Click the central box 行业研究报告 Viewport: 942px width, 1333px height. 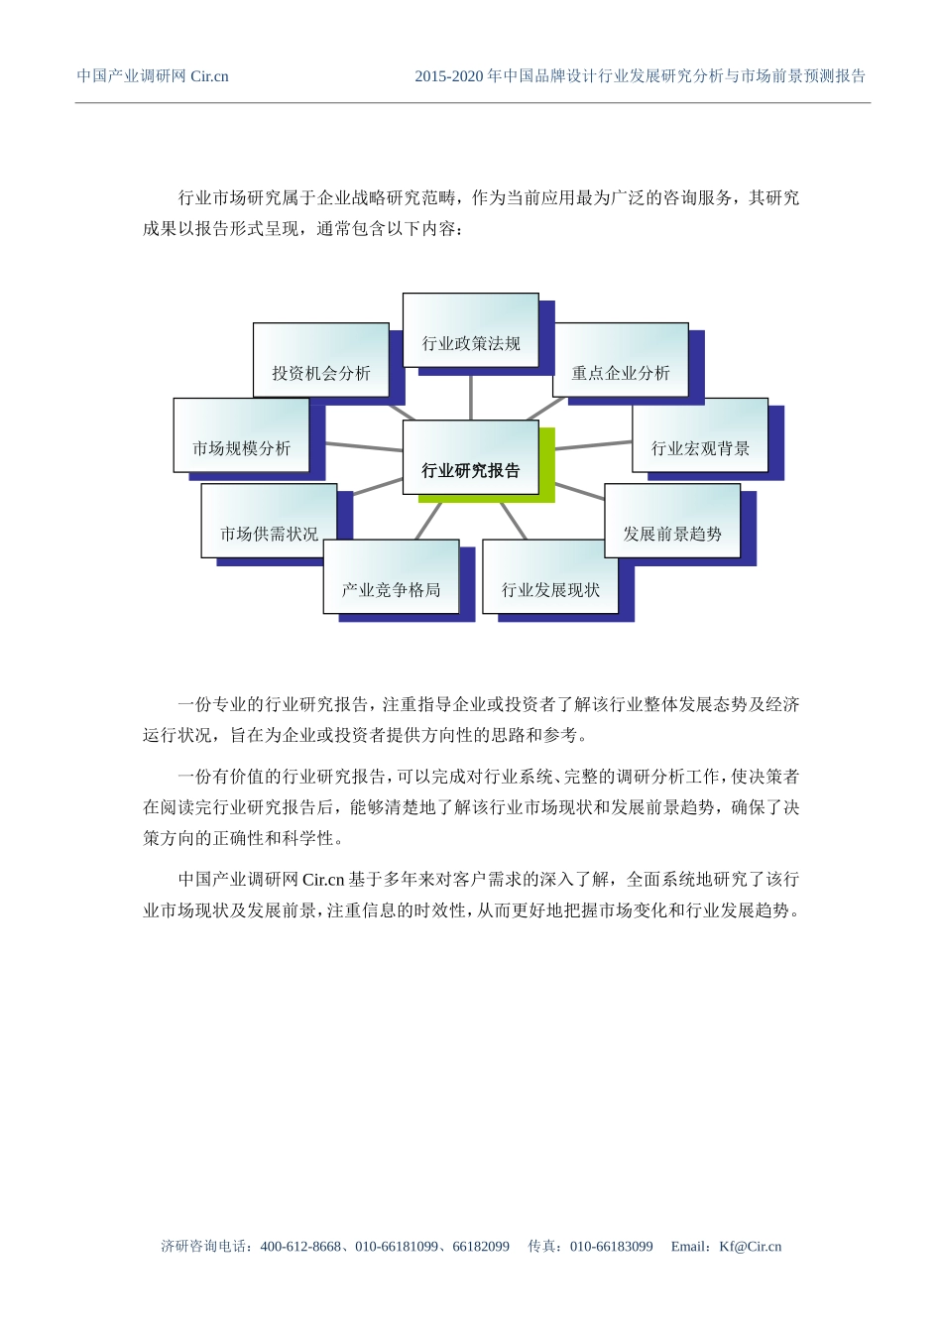(x=471, y=457)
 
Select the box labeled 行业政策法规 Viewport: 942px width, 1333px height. (x=471, y=331)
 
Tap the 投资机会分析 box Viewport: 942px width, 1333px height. (x=320, y=361)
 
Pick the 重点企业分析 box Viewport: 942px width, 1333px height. (x=621, y=361)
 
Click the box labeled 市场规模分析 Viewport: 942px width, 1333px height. (x=241, y=436)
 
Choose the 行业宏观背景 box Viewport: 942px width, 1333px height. (x=700, y=436)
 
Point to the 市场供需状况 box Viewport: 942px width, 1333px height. (x=269, y=522)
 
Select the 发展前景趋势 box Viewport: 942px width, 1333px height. (x=672, y=522)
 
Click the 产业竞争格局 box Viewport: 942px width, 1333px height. (x=391, y=577)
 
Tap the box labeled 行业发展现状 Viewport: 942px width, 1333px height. (x=550, y=577)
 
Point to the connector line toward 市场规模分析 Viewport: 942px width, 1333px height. (x=363, y=447)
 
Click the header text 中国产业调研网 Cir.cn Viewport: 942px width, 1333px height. (x=153, y=76)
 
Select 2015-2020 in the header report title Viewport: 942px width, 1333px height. (x=448, y=76)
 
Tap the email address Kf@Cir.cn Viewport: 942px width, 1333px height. (x=751, y=1247)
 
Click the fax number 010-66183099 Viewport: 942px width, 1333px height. (x=611, y=1247)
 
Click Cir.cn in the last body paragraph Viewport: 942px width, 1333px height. (x=322, y=880)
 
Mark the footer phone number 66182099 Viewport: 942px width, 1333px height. (x=481, y=1247)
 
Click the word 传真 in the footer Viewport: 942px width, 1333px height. (x=541, y=1247)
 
